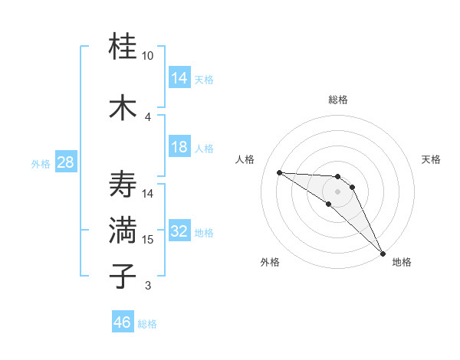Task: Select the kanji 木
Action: pyautogui.click(x=123, y=108)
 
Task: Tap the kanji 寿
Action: pyautogui.click(x=123, y=185)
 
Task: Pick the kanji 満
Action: pyautogui.click(x=123, y=231)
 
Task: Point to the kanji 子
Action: pyautogui.click(x=123, y=276)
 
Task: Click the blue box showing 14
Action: pyautogui.click(x=179, y=78)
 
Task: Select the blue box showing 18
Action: pyautogui.click(x=179, y=147)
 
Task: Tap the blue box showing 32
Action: pyautogui.click(x=179, y=231)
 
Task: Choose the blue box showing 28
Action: pyautogui.click(x=64, y=162)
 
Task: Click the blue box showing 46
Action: pyautogui.click(x=123, y=322)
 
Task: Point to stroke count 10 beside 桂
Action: pyautogui.click(x=148, y=56)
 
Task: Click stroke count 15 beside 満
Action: pyautogui.click(x=148, y=240)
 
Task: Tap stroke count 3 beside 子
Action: pyautogui.click(x=148, y=286)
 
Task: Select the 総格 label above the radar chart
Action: pyautogui.click(x=337, y=100)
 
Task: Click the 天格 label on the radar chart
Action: pyautogui.click(x=432, y=159)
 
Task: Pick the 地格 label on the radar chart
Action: pyautogui.click(x=402, y=262)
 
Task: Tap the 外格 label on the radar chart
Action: pyautogui.click(x=270, y=262)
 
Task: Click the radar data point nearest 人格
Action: pyautogui.click(x=279, y=172)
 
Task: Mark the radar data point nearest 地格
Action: pyautogui.click(x=383, y=253)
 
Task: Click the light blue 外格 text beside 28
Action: pyautogui.click(x=41, y=163)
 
